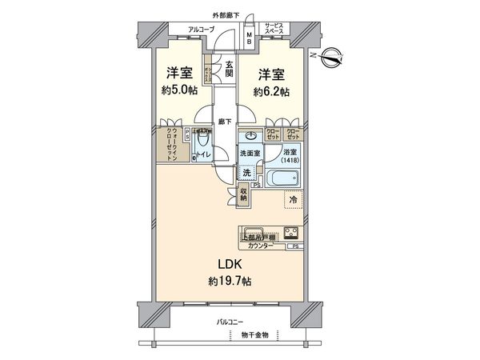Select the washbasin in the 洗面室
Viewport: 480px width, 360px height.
pyautogui.click(x=252, y=134)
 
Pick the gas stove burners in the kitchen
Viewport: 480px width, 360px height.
pyautogui.click(x=291, y=234)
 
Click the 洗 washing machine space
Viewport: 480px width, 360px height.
pyautogui.click(x=247, y=172)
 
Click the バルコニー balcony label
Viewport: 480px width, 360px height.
pyautogui.click(x=232, y=322)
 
